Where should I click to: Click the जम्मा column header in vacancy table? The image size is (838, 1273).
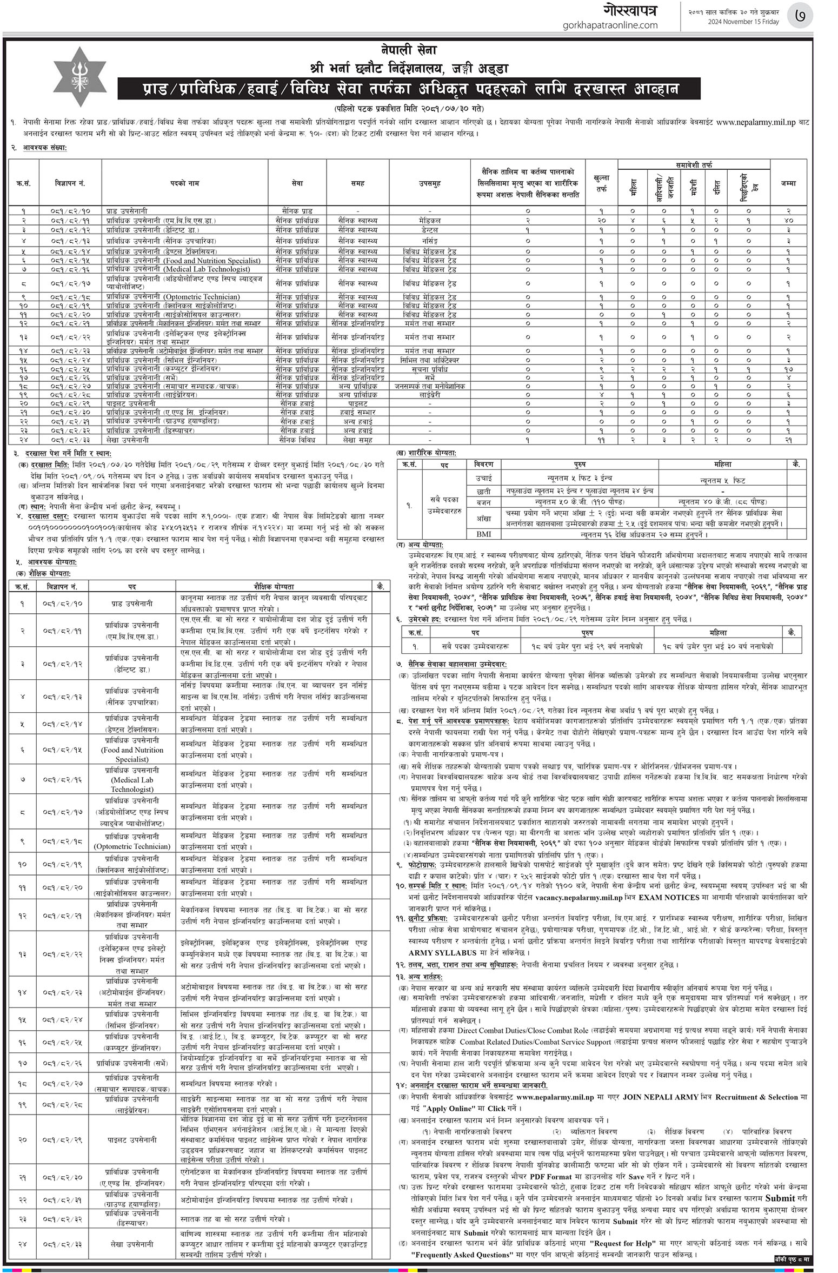pyautogui.click(x=788, y=183)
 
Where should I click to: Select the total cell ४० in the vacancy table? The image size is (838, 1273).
pyautogui.click(x=788, y=220)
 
